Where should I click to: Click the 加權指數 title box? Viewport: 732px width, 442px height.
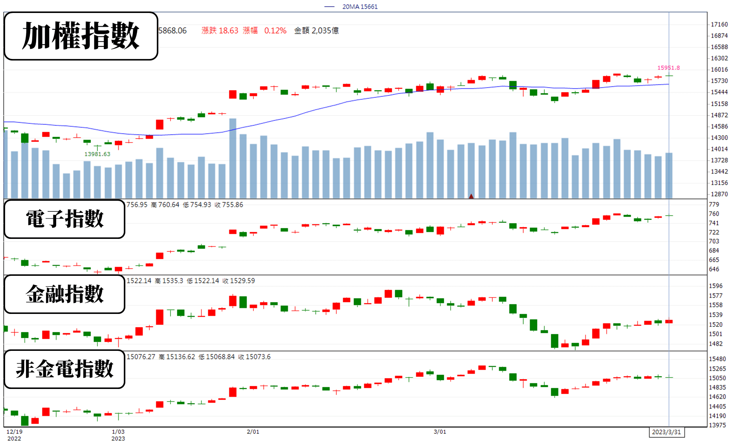coord(81,36)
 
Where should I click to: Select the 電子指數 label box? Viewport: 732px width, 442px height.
coord(64,219)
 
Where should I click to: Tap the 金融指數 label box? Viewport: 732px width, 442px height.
coord(64,294)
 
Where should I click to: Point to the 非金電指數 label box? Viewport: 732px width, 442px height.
coord(64,369)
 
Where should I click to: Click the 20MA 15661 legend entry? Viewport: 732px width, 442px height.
coord(351,7)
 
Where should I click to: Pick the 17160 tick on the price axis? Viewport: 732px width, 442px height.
coord(719,24)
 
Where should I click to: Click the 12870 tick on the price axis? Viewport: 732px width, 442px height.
coord(719,194)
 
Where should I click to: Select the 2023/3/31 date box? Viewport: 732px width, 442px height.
coord(666,432)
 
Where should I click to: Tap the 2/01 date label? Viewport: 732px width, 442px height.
coord(253,432)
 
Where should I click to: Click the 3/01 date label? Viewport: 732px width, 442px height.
coord(440,432)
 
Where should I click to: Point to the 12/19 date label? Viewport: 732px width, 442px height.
coord(15,432)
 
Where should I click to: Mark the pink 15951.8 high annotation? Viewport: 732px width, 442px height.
coord(668,68)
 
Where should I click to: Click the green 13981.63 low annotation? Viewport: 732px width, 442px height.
coord(97,154)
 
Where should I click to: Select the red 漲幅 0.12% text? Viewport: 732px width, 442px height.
coord(264,31)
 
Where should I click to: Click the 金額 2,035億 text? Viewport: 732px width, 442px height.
coord(316,31)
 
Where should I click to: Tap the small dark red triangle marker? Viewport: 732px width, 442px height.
coord(471,196)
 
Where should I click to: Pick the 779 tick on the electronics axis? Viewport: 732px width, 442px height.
coord(714,204)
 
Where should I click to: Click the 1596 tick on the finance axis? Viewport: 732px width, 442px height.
coord(715,286)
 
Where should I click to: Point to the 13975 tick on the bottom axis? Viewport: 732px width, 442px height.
coord(717,425)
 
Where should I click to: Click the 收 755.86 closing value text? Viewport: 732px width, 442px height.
coord(229,205)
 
